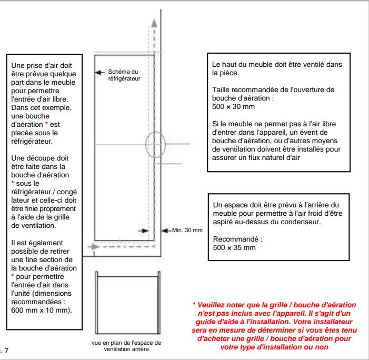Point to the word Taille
218,89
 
